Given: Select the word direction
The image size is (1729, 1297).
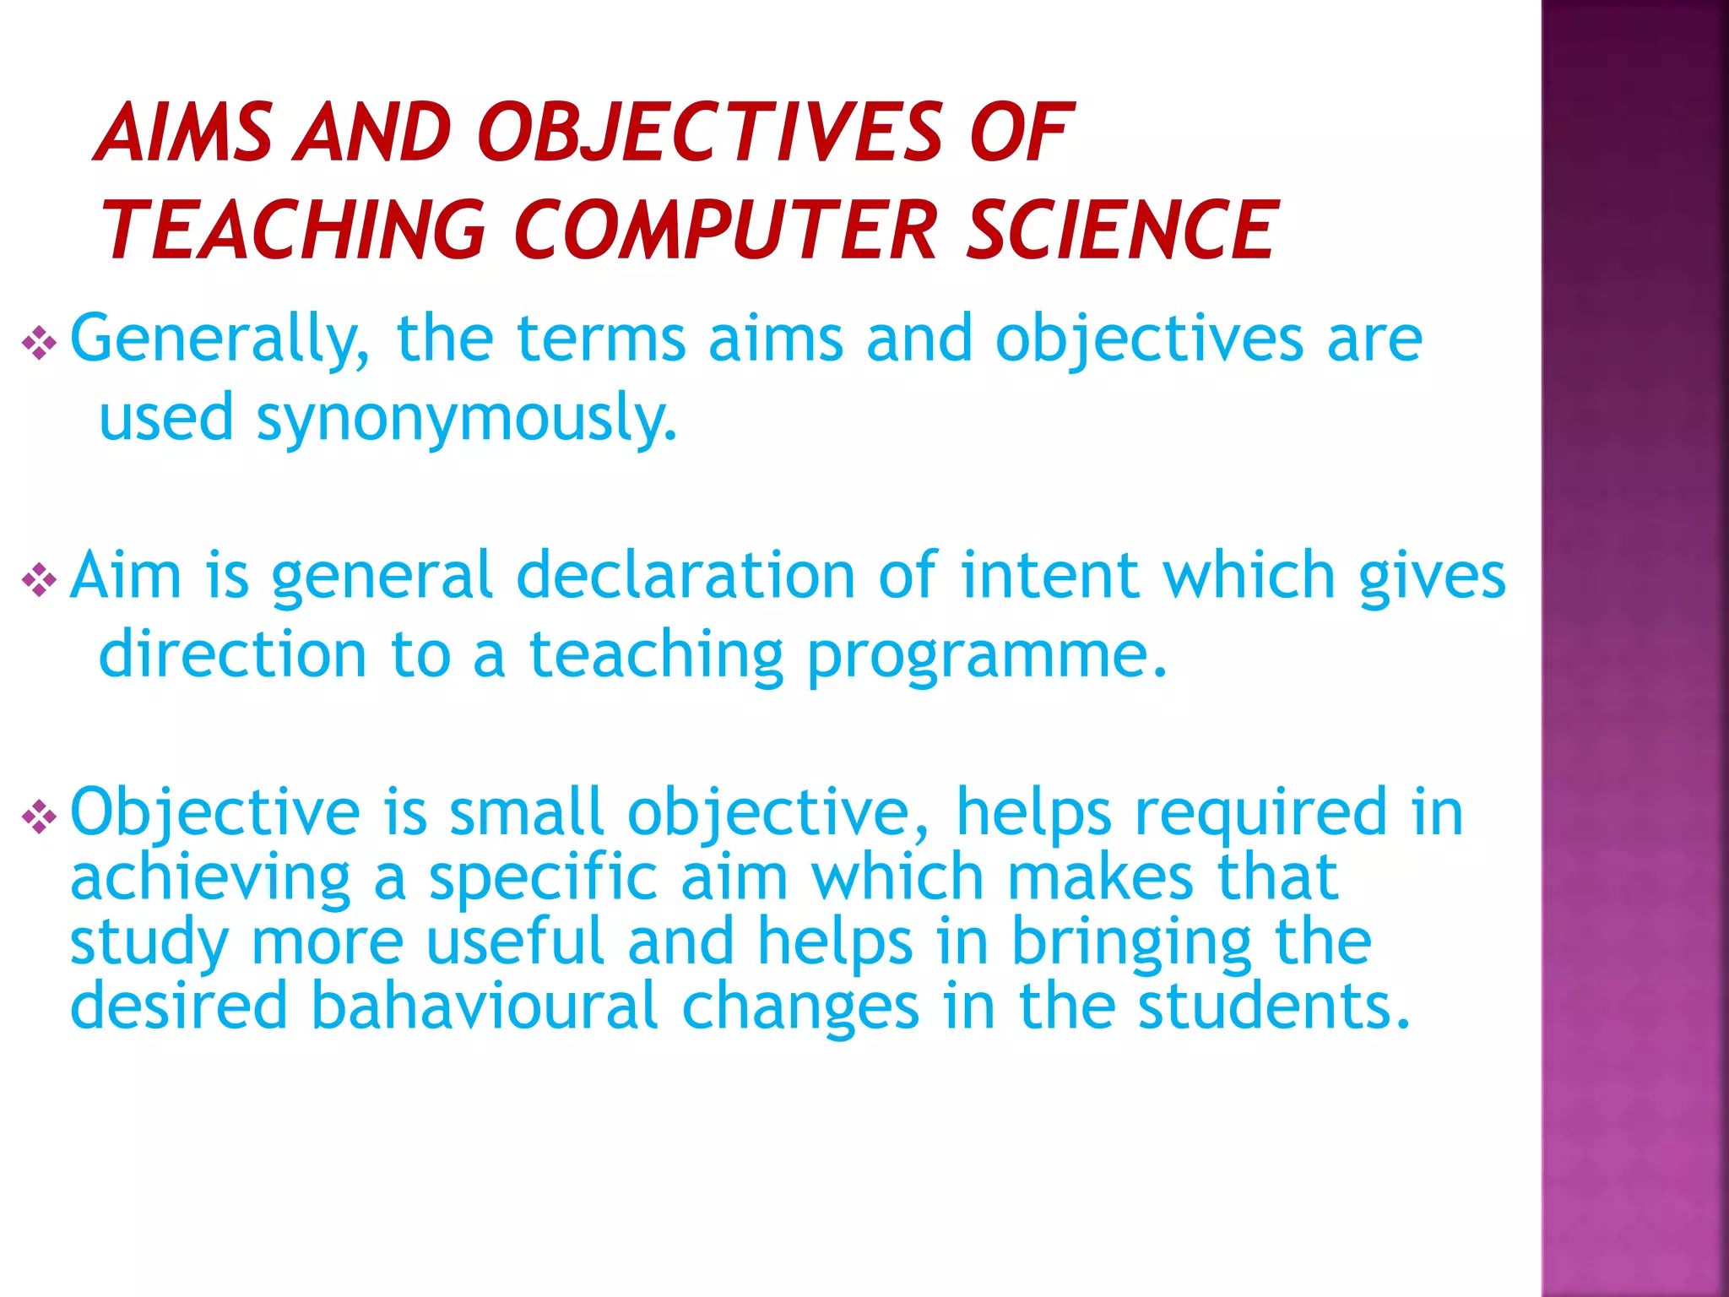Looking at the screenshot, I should [x=233, y=655].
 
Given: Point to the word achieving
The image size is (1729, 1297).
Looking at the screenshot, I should [x=210, y=878].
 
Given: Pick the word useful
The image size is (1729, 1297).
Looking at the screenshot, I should [x=515, y=942].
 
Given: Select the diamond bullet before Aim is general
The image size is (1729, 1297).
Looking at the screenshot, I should [x=40, y=580].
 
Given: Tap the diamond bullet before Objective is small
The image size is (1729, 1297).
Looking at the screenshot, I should [x=40, y=817].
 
